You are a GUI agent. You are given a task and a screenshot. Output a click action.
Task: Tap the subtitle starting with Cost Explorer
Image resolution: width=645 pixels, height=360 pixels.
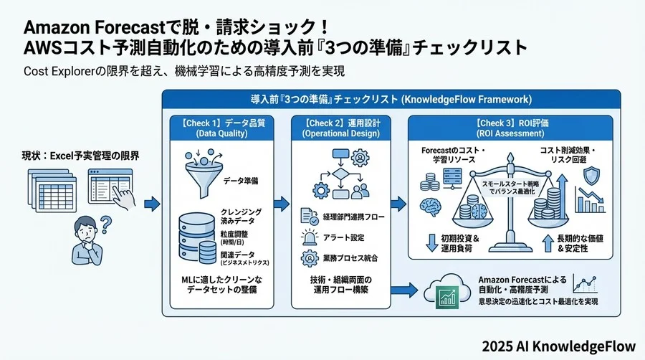point(184,72)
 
